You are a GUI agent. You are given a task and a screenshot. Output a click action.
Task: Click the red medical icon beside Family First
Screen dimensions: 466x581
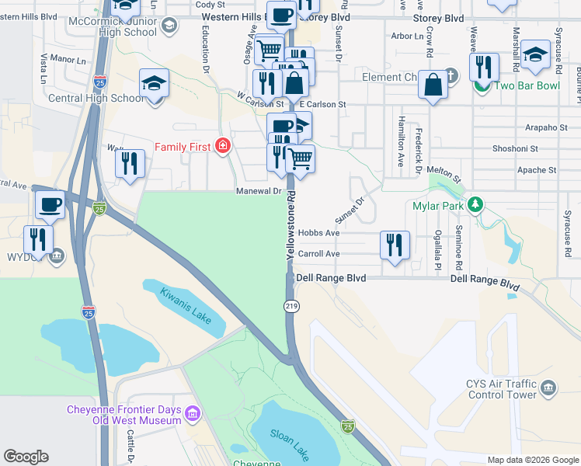(x=223, y=146)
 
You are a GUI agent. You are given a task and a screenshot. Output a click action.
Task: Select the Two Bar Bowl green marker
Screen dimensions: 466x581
(x=482, y=85)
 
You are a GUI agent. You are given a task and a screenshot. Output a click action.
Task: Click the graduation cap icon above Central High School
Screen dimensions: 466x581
(x=154, y=82)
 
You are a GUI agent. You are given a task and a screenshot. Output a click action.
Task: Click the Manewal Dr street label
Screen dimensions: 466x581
(x=259, y=191)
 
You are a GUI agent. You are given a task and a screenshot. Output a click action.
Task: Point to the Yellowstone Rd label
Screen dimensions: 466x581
(x=291, y=226)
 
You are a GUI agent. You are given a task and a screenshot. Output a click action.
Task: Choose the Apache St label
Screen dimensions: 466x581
(x=537, y=169)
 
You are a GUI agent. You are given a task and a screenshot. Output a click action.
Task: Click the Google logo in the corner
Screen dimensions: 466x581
(x=26, y=457)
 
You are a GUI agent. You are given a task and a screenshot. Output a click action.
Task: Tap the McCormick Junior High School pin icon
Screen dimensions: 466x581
(x=167, y=26)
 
